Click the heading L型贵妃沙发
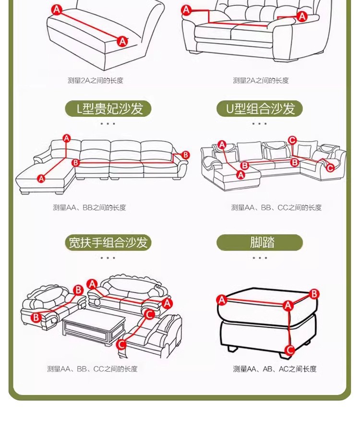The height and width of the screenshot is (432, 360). (x=108, y=108)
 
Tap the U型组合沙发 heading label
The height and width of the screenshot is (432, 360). (x=259, y=108)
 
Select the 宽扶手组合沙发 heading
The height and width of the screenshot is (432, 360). (x=108, y=242)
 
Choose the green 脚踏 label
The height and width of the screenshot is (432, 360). (x=260, y=242)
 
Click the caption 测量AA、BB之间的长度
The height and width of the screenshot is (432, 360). (x=89, y=208)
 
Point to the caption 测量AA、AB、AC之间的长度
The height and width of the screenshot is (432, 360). (x=275, y=369)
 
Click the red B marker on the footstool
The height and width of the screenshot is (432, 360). (x=314, y=294)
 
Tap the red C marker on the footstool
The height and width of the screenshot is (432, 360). (x=289, y=349)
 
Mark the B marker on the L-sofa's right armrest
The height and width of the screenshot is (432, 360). (x=186, y=155)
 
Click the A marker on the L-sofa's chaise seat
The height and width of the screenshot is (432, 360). (x=41, y=179)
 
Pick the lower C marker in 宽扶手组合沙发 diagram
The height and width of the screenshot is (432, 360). (x=121, y=344)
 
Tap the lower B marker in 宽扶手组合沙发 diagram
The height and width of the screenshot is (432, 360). (x=36, y=317)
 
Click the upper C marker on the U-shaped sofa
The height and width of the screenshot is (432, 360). (x=292, y=140)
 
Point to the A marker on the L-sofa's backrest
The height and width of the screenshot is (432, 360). (x=67, y=139)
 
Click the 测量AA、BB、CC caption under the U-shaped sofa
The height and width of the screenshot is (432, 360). (x=276, y=208)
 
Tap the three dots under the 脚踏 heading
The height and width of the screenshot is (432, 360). (x=260, y=258)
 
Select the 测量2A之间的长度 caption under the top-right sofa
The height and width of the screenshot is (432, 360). (x=261, y=81)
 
